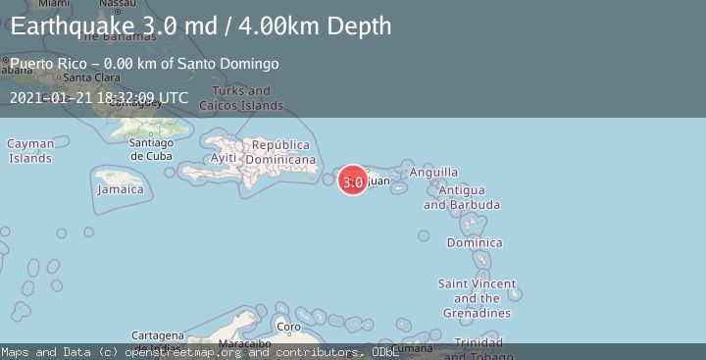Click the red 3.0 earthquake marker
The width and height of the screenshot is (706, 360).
pos(353,180)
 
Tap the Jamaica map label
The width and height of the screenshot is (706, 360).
pos(121,189)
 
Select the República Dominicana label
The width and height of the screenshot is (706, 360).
pos(280,151)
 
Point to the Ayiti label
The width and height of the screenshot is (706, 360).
pos(224,158)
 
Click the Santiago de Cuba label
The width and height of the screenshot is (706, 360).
pos(152,149)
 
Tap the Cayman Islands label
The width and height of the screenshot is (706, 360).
pos(30,151)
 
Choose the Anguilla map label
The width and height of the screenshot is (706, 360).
pos(433,173)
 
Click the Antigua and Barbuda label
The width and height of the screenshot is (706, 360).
pos(461,197)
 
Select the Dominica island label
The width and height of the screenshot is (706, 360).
pos(474,242)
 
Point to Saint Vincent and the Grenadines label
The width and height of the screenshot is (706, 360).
pos(477,298)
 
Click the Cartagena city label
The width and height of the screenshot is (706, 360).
pos(157,334)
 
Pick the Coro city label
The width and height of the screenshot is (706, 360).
pos(288,327)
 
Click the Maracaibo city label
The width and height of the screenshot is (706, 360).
pos(244,344)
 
